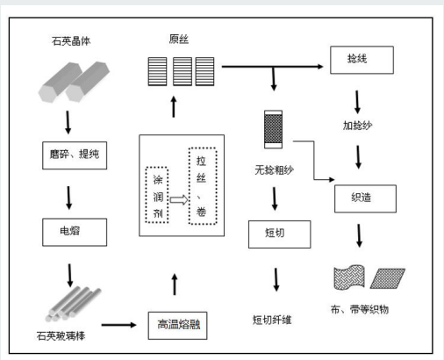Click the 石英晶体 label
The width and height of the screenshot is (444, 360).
[71, 41]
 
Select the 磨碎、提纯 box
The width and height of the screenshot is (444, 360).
[75, 155]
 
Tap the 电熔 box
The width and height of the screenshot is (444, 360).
[75, 232]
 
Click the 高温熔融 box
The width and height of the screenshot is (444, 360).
[177, 326]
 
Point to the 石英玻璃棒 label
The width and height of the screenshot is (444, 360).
[61, 335]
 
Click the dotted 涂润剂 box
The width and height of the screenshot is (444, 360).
[157, 195]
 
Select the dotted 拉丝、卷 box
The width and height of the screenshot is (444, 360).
[203, 186]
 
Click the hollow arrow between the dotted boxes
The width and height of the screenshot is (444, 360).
[179, 200]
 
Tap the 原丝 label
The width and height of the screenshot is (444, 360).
[179, 40]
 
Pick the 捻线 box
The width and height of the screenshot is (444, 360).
[362, 60]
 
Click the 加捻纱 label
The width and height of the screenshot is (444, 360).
[358, 126]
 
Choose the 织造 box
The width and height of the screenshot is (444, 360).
[365, 198]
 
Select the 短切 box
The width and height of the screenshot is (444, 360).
[280, 234]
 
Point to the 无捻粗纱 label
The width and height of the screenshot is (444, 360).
[274, 169]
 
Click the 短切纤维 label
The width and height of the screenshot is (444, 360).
[272, 320]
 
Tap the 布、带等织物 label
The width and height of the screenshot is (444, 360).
[360, 309]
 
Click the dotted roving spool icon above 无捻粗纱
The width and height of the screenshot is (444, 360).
[274, 129]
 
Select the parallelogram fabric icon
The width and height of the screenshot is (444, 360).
[388, 278]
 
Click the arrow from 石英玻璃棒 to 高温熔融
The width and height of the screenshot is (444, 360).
[118, 325]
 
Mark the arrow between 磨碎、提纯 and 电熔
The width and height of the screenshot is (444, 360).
[68, 198]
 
